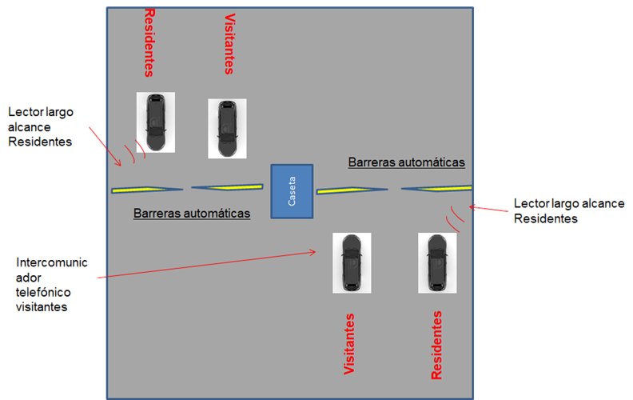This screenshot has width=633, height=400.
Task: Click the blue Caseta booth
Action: (x=292, y=191)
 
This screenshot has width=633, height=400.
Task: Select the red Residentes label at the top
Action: (x=149, y=42)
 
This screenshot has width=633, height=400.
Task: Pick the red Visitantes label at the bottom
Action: (x=349, y=345)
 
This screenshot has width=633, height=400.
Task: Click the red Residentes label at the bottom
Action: (x=436, y=345)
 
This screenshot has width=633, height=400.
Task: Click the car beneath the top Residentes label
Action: (x=156, y=122)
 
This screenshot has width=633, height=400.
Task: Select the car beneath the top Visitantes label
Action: (x=227, y=127)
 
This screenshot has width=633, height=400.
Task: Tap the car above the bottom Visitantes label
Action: (x=352, y=262)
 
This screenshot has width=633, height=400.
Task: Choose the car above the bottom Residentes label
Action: (x=437, y=262)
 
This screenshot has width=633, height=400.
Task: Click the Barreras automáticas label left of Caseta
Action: (x=192, y=214)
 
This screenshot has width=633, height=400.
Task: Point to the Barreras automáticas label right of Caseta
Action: (x=406, y=162)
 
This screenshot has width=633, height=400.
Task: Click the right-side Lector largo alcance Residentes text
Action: (x=569, y=211)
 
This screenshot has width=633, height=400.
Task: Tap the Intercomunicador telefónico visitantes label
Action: (x=52, y=285)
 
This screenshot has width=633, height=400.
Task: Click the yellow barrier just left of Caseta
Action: (x=227, y=188)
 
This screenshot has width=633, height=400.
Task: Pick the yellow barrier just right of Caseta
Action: (x=351, y=190)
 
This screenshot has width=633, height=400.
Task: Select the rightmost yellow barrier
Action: (x=436, y=189)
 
